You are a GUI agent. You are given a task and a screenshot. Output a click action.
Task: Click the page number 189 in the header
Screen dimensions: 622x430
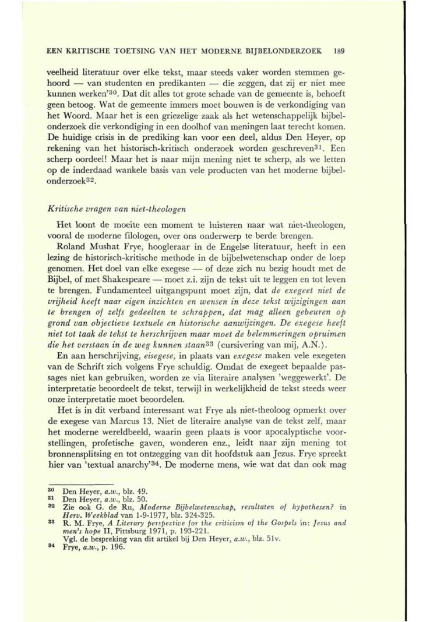pos(341,51)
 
